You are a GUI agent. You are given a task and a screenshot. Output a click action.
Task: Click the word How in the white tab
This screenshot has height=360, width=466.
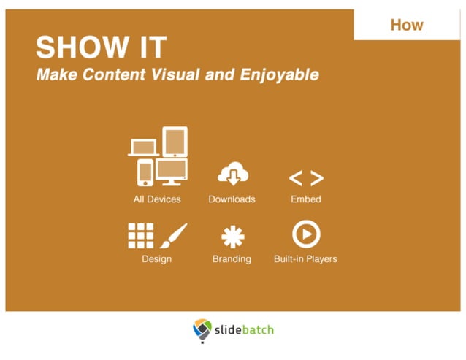[407, 25]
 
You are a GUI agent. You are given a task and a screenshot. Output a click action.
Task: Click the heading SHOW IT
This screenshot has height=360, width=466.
[101, 48]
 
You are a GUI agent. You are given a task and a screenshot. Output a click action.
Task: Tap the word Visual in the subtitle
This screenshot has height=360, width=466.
[207, 74]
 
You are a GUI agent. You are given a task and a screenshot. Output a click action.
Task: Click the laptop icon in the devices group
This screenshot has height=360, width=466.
[143, 148]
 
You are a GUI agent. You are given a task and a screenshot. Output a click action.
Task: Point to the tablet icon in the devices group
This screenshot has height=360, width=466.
[175, 142]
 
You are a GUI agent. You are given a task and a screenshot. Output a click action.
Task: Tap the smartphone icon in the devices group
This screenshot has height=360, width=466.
[145, 172]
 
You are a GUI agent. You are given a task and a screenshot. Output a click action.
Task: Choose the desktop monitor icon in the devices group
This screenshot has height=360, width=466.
[172, 172]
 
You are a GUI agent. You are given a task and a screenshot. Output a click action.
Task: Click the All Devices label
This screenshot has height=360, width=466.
[157, 199]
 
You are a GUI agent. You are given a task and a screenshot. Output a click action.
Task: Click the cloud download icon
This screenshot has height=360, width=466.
[233, 175]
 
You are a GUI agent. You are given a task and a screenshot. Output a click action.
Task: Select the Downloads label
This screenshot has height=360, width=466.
[232, 199]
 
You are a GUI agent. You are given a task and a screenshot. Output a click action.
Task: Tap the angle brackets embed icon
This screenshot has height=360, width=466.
[305, 178]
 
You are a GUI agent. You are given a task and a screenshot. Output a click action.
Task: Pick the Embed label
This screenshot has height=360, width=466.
[305, 199]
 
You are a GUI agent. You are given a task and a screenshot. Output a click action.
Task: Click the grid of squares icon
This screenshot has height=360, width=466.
[141, 236]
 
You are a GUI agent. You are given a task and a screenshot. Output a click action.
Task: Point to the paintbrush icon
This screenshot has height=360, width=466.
[173, 236]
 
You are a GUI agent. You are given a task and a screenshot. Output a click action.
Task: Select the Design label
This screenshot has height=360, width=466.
[156, 258]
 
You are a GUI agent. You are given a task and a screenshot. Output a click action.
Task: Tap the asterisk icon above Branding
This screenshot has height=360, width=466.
[233, 236]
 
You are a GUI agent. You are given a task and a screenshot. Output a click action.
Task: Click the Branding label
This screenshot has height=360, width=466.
[232, 258]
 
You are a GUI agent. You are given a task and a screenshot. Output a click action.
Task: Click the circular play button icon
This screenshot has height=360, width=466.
[305, 234]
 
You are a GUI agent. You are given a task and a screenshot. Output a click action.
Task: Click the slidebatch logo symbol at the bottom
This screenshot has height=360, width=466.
[202, 331]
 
